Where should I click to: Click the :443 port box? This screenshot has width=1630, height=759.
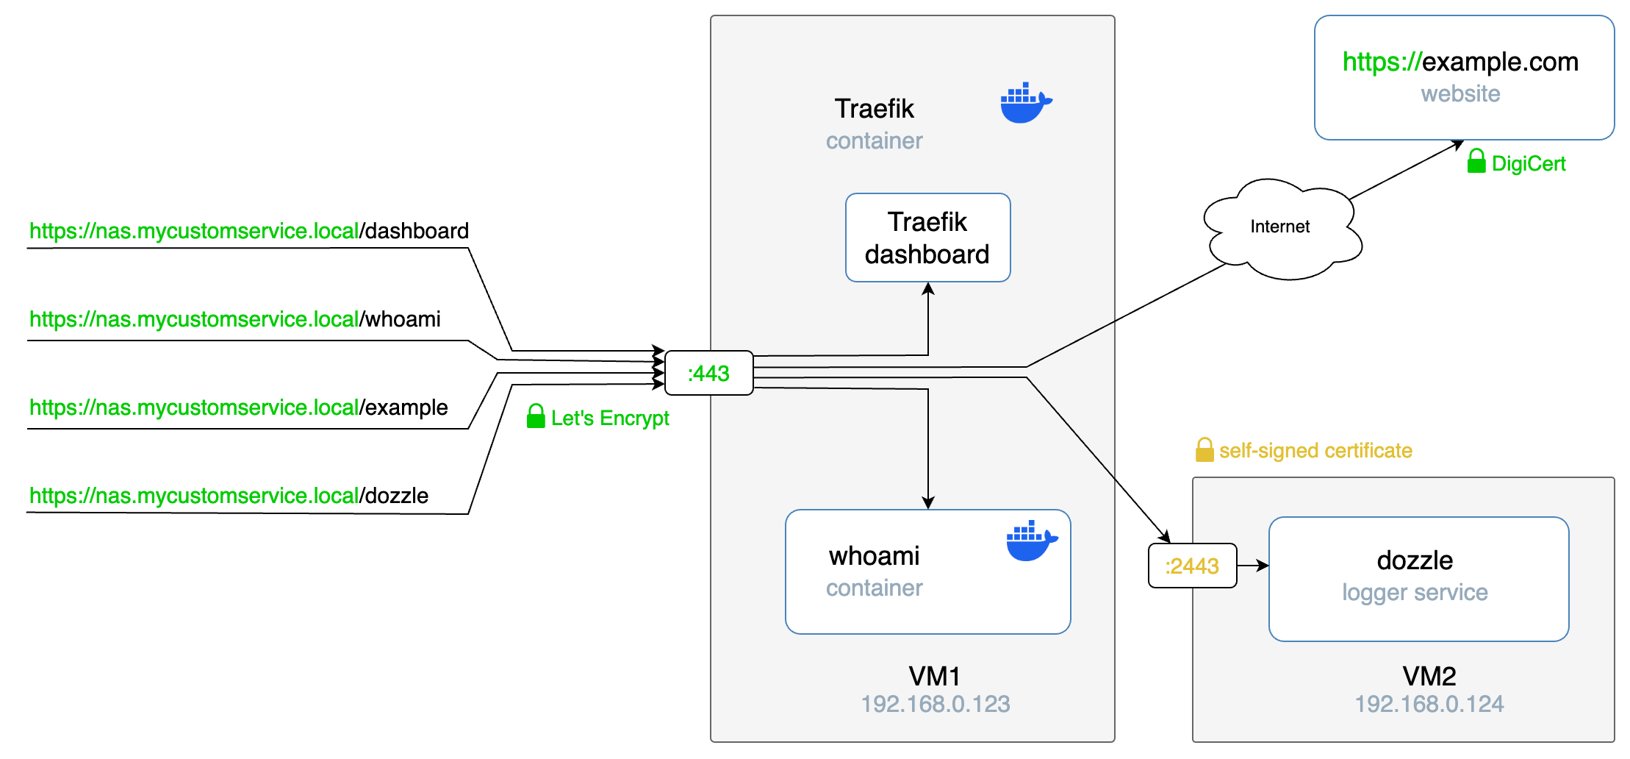tap(708, 374)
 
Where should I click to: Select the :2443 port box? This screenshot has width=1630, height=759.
tap(1192, 566)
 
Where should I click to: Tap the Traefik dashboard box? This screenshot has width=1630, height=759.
tap(927, 238)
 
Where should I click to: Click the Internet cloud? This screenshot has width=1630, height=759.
tap(1280, 228)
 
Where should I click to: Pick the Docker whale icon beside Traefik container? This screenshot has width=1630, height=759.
tap(1025, 103)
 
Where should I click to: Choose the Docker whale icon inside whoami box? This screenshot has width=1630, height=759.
tap(1031, 541)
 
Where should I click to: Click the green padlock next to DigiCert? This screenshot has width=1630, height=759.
tap(1476, 162)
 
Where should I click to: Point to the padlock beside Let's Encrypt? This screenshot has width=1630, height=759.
tap(536, 416)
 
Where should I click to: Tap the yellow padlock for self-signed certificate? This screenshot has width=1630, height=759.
tap(1204, 449)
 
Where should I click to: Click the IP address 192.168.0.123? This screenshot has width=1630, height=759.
tap(935, 704)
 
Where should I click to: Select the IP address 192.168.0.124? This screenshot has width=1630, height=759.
tap(1429, 704)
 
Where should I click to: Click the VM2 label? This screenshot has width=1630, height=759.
tap(1429, 675)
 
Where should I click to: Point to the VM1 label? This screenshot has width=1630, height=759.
tap(934, 675)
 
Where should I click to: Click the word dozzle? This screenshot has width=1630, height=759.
tap(1415, 560)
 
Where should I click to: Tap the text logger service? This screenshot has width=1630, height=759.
tap(1415, 592)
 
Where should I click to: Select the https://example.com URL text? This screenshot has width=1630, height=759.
tap(1460, 62)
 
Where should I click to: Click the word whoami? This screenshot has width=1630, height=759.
tap(874, 556)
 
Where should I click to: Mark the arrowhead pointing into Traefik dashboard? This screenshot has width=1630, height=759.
tap(928, 289)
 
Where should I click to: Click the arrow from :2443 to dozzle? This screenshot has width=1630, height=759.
tap(1253, 566)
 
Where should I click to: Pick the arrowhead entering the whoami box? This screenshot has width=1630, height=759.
tap(928, 502)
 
